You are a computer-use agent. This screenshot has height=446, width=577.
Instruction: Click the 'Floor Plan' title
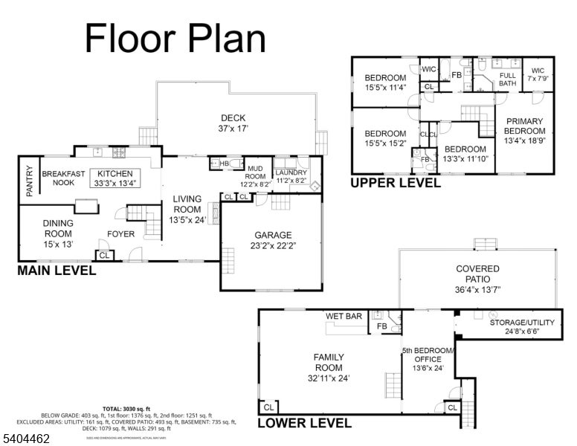(175, 37)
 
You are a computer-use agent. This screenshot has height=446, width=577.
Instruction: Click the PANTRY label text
(30, 181)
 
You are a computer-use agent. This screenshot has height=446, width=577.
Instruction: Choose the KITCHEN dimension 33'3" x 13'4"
(115, 183)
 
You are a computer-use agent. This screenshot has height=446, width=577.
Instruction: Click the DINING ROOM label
(57, 227)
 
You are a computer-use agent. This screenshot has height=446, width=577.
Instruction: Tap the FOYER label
(121, 233)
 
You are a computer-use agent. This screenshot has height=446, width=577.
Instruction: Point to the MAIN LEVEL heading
(57, 271)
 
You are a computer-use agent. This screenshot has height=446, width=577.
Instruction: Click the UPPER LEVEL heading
(395, 183)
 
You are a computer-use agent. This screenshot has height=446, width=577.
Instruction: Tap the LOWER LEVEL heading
(304, 424)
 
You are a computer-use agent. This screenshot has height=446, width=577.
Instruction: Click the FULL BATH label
(507, 80)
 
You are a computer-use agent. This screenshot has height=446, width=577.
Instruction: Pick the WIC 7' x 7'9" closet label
(537, 74)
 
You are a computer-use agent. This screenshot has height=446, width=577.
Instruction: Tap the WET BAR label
(344, 317)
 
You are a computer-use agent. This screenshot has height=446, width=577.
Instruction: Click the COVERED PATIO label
(477, 274)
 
